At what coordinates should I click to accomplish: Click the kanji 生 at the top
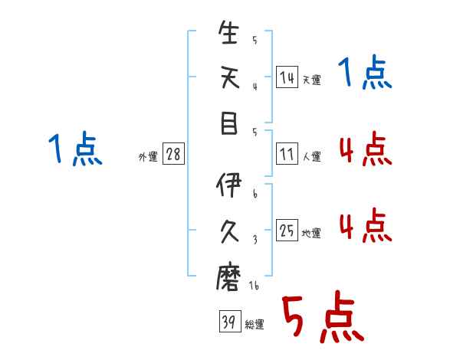click(228, 32)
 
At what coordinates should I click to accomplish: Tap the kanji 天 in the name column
click(230, 77)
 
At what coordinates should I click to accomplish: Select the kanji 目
click(228, 123)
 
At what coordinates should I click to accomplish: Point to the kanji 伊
click(228, 185)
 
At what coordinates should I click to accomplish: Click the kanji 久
click(229, 231)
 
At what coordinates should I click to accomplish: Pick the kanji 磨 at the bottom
click(228, 277)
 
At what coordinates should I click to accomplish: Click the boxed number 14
click(287, 77)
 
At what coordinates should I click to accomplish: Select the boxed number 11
click(287, 154)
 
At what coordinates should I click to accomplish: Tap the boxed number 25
click(287, 230)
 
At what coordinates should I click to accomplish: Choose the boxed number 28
click(173, 154)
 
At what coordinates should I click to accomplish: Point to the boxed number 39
click(230, 321)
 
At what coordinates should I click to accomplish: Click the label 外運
click(148, 156)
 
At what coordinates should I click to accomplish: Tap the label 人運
click(312, 156)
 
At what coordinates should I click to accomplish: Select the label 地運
click(311, 234)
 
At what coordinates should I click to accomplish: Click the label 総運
click(255, 325)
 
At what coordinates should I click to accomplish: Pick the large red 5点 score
click(323, 316)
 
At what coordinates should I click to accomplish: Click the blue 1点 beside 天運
click(365, 72)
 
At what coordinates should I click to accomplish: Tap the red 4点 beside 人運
click(366, 149)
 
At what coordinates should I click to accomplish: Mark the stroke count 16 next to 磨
click(254, 286)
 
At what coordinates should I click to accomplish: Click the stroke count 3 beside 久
click(255, 240)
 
